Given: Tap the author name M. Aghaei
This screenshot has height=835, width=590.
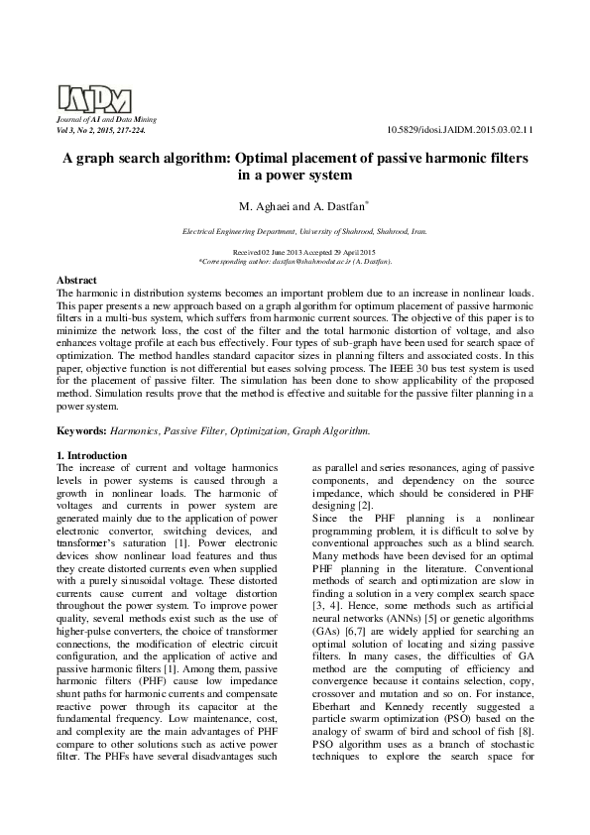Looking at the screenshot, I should (263, 206).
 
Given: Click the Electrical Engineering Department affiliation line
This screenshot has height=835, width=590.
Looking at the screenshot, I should (304, 231).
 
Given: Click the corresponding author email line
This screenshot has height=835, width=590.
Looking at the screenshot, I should (295, 262).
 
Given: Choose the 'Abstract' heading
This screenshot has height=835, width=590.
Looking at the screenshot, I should (77, 282).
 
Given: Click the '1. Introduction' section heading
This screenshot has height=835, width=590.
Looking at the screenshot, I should (92, 455).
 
